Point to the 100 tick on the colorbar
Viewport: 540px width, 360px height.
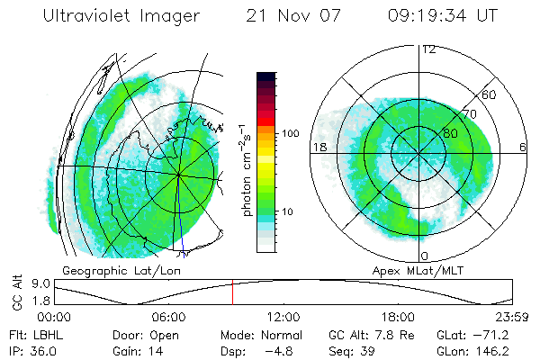tap(291, 133)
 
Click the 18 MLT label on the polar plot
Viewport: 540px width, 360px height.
tap(318, 146)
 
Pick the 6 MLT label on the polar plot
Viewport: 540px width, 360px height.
tap(523, 146)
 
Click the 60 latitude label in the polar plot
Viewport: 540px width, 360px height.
tap(490, 94)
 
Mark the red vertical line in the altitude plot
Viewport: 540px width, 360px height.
tap(232, 292)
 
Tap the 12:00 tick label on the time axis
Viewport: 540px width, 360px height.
tap(283, 317)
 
